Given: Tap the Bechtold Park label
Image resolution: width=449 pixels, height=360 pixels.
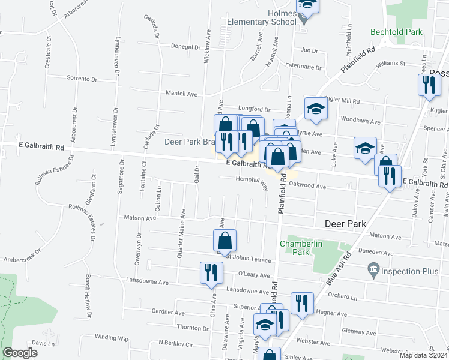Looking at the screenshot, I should coord(413,32).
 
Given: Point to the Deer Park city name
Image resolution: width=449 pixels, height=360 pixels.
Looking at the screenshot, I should coord(345,224).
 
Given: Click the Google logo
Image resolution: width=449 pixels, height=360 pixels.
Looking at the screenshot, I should coord(20,353).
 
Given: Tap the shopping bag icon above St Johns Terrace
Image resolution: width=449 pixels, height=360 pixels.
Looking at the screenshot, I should coord(224,240).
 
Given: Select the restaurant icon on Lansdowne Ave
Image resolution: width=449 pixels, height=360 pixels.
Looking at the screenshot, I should coord(211,273).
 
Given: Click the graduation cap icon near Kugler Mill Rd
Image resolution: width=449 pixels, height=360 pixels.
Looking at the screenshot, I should coord(316,109).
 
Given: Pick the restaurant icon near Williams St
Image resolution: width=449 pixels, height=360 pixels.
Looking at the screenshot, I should coord(429,85).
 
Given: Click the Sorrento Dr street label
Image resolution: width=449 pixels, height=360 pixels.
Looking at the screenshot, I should coord(82,79).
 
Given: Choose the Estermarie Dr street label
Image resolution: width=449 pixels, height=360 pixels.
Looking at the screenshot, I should coord(304,67).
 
